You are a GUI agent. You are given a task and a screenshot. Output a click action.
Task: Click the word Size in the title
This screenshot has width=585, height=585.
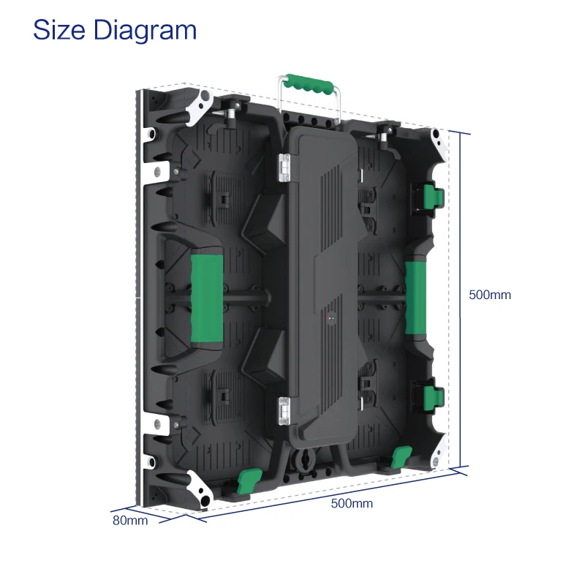coord(60,30)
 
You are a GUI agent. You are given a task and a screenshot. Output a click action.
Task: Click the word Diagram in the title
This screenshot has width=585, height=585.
coord(145,31)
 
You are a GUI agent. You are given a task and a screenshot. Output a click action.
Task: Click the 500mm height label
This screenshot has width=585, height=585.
coord(489,295)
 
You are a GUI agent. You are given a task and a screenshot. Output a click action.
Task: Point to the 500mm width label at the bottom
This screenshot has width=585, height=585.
coord(352,504)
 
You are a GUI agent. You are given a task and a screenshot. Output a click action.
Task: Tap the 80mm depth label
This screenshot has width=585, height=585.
coord(130,521)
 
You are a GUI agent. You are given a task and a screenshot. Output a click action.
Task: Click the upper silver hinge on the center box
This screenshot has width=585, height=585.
coord(284,167)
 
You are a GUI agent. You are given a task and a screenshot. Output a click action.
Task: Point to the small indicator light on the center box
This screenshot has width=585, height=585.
coord(330,320)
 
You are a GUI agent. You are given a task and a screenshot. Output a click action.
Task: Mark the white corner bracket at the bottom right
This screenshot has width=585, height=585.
coord(441,448)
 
